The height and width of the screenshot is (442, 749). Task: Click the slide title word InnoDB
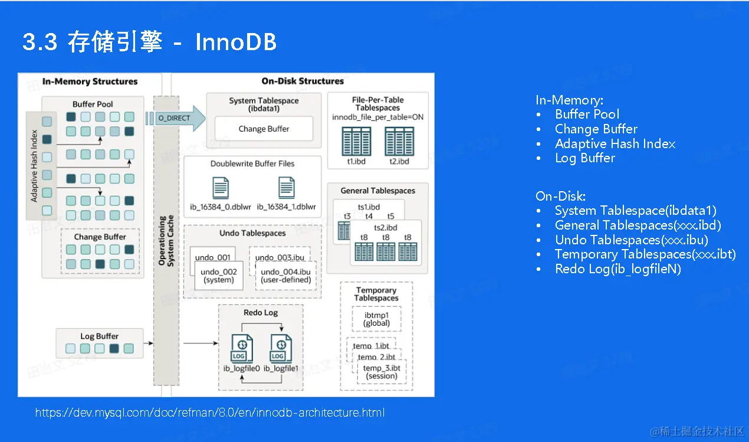235,42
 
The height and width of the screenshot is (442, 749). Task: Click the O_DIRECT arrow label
174,118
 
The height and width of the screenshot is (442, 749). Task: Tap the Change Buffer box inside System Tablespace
264,129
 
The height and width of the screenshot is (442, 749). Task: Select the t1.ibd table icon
357,141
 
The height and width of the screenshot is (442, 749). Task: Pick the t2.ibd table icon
399,141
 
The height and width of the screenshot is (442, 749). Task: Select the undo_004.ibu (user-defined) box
285,276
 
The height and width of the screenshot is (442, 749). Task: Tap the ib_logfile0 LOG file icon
242,348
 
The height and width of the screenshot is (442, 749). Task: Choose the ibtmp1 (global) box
376,319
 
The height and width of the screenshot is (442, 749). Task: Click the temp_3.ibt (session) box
381,372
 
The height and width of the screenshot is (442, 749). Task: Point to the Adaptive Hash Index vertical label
34,165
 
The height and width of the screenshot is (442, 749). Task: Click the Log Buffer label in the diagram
100,336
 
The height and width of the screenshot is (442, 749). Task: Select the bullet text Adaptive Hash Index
615,143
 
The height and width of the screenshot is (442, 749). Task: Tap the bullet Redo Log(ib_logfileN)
617,269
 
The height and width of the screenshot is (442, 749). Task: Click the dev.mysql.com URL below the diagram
210,412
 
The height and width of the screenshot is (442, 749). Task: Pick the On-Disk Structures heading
303,81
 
